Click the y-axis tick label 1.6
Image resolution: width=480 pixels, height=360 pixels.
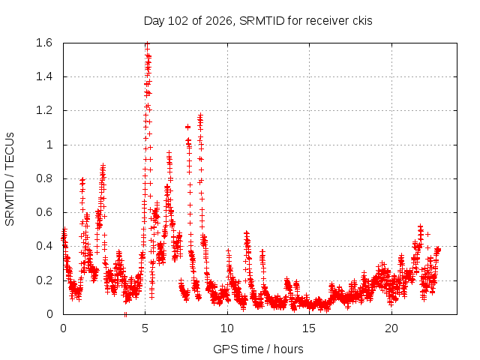(44, 43)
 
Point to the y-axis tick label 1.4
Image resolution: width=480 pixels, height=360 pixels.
(44, 76)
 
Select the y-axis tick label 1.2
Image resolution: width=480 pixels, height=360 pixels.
(44, 110)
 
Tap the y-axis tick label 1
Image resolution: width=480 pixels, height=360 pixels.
(49, 145)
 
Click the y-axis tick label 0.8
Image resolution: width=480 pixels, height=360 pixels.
(44, 178)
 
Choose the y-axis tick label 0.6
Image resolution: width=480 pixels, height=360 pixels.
(44, 212)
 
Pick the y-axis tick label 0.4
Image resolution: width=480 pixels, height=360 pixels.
(44, 246)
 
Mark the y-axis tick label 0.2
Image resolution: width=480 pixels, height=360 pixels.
(44, 280)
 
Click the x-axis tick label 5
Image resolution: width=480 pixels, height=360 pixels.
(145, 328)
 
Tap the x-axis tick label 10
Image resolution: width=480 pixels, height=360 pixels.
(227, 328)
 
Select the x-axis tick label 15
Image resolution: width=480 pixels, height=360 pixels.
(309, 328)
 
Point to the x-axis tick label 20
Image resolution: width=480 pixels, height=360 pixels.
(391, 328)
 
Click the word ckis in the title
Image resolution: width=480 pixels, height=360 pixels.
(362, 21)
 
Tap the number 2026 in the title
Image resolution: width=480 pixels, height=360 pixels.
(220, 21)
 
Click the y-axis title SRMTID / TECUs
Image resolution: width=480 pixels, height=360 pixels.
(10, 179)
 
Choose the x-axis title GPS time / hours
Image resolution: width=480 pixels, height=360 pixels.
(258, 349)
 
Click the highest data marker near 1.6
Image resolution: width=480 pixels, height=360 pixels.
(147, 43)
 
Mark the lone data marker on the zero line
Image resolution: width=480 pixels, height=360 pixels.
(125, 314)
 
